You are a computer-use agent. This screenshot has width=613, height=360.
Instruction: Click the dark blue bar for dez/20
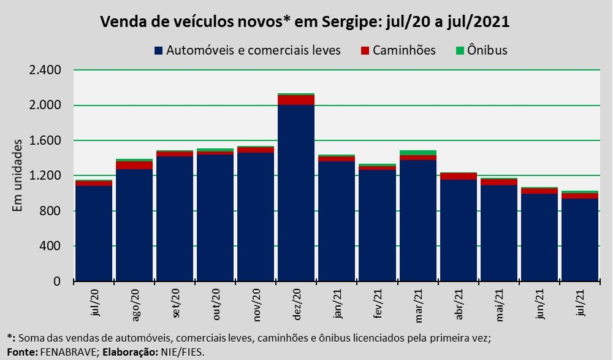tap(296, 193)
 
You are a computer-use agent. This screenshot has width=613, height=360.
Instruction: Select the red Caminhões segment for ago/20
tap(134, 165)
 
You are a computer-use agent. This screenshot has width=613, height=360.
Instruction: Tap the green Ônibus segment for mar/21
tap(417, 153)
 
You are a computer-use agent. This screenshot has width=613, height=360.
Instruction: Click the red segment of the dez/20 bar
tap(296, 100)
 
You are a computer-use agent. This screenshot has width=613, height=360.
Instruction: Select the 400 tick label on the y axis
tap(51, 247)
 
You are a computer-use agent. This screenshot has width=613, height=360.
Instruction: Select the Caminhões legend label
tap(406, 50)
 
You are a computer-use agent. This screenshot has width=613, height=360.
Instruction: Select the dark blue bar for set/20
tap(175, 219)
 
